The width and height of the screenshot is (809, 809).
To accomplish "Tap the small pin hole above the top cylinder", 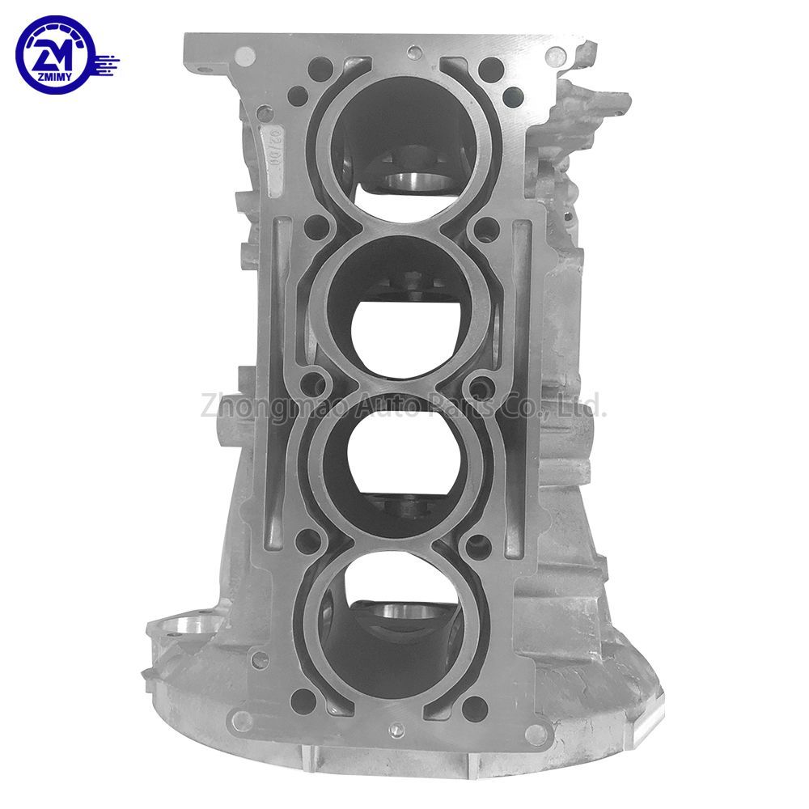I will coord(413,55).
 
